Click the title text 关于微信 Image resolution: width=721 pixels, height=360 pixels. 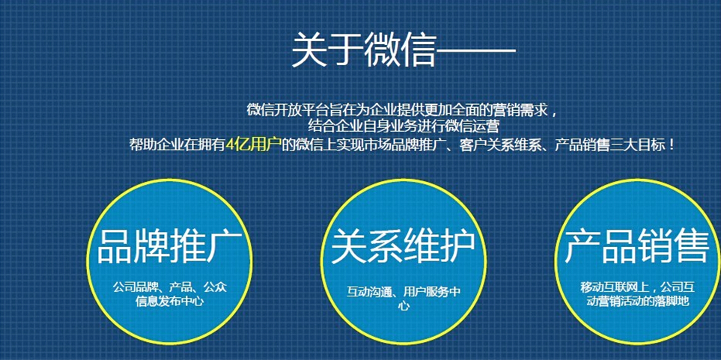[x=363, y=49]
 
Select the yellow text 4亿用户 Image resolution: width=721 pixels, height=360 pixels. [x=254, y=145]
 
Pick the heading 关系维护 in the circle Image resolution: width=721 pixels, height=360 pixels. [x=403, y=247]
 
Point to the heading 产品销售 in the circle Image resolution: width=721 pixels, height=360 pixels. [x=637, y=247]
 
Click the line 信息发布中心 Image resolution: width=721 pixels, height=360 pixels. [x=170, y=302]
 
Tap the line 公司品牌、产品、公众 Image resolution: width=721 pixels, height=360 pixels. [x=170, y=289]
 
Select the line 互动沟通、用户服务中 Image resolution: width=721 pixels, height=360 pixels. [x=404, y=292]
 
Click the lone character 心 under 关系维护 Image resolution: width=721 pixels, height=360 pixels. [x=404, y=305]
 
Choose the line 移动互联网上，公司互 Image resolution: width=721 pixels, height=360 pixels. [x=637, y=289]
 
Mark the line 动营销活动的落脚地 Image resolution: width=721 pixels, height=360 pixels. [x=637, y=302]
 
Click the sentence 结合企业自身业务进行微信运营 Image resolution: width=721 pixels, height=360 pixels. [x=404, y=126]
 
